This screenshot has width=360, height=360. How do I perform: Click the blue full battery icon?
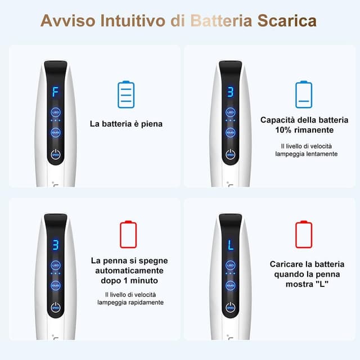126,94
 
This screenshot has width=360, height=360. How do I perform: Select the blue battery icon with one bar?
303,94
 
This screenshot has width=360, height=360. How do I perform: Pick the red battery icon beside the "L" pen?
303,236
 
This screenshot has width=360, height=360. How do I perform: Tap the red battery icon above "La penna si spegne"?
128,236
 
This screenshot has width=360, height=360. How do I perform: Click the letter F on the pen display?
56,91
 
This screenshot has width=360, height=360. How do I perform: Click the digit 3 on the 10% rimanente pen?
230,91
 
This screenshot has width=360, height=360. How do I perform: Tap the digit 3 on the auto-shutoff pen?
56,245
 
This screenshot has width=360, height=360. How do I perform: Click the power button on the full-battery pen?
56,154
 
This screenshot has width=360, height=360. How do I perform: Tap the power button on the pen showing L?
230,307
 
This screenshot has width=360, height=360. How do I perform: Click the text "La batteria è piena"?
126,124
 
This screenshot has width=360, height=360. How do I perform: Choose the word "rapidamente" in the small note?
145,302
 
